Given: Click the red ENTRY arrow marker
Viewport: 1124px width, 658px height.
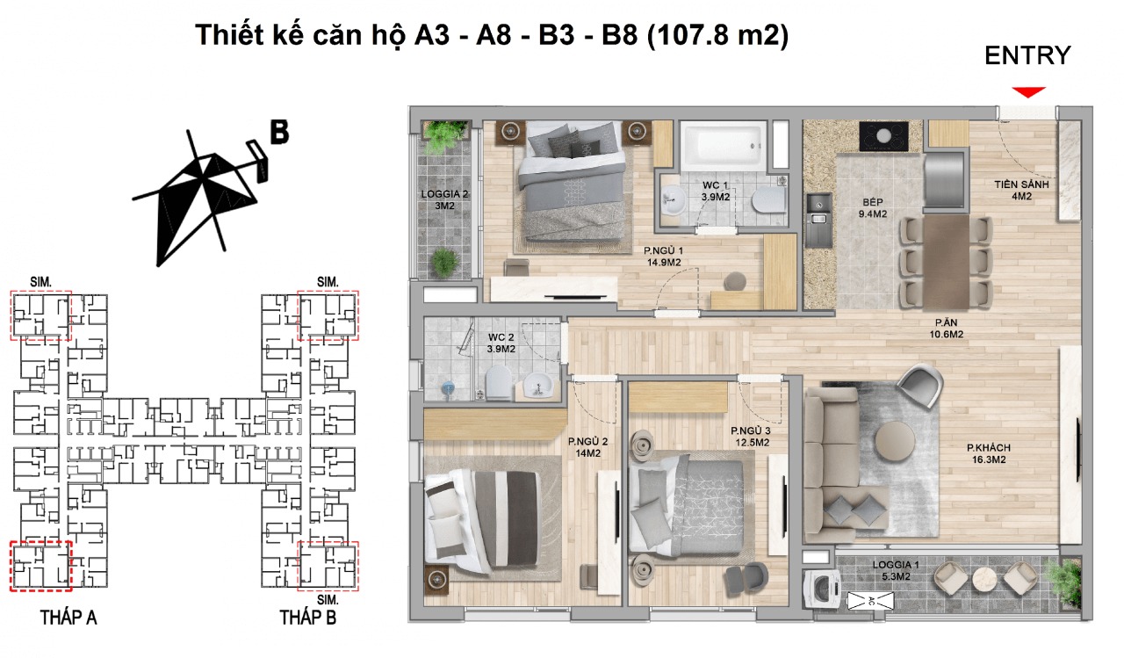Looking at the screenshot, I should coord(1027,91).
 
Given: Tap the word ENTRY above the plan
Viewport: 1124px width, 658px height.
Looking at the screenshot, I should coord(1027,56).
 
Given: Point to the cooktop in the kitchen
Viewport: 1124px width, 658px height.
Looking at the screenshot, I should coord(884,136).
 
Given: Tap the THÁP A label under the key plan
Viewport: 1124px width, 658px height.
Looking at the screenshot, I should coord(68,618).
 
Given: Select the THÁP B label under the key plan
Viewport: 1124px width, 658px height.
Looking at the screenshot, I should coord(307,618).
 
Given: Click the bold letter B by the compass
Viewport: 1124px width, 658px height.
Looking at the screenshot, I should coord(279,132).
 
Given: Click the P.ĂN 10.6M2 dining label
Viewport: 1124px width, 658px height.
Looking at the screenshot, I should coord(949,328).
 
